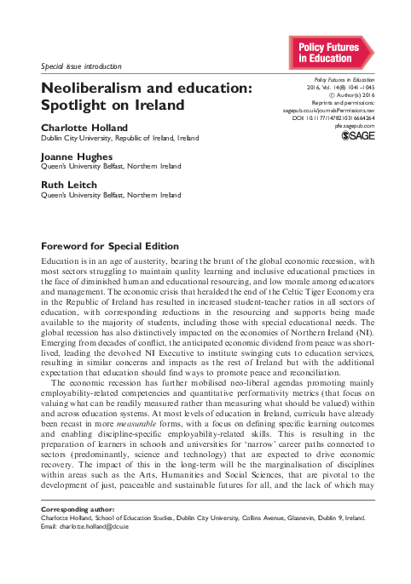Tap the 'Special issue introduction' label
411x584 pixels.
(83, 66)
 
